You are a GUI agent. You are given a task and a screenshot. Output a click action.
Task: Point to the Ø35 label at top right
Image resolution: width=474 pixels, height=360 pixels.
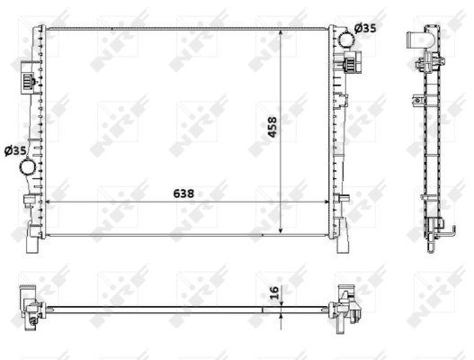pos(365,29)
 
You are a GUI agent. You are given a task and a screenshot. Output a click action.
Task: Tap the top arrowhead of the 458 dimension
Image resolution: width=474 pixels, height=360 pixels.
pos(283,31)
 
